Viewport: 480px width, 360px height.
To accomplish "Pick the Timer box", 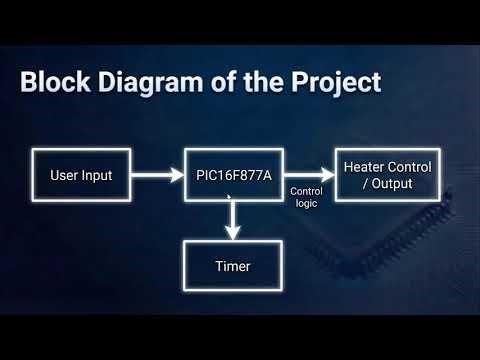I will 232,267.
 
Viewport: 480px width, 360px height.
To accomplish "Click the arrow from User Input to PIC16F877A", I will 156,177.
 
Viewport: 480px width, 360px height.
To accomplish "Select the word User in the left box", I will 64,177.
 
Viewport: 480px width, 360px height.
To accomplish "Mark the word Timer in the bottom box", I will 232,267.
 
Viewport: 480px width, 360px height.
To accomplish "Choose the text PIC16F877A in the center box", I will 232,177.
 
